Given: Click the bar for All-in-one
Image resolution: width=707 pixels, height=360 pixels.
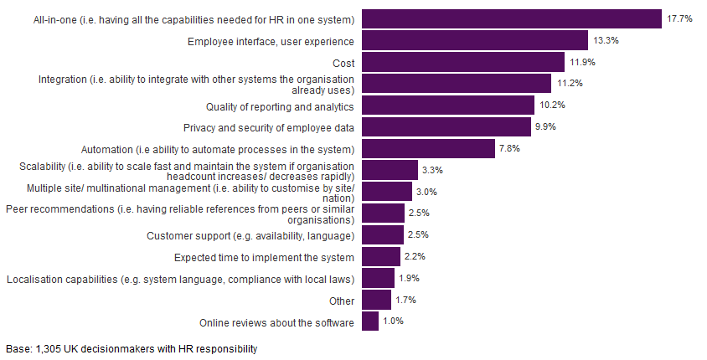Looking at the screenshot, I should tap(512, 18).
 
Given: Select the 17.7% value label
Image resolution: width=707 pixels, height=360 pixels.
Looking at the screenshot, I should tap(679, 18).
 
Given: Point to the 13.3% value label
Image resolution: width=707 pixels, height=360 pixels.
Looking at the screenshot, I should tap(605, 40).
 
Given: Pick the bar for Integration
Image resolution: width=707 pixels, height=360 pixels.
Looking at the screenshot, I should tap(457, 84).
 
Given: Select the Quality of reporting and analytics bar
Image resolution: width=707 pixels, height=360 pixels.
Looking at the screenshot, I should tap(448, 105).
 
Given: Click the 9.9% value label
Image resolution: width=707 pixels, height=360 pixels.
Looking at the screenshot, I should tap(545, 127).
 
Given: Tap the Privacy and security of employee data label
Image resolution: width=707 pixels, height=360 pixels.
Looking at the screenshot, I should tap(268, 128).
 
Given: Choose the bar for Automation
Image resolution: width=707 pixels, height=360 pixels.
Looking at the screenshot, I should tap(428, 149).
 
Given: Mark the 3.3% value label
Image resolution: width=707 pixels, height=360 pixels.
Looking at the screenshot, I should tap(431, 171).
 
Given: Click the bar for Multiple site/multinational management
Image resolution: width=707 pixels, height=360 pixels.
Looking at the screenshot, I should tap(387, 192).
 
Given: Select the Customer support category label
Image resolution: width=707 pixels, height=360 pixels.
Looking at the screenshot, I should tap(250, 235).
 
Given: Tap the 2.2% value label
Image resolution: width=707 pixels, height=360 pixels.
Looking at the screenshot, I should tap(414, 257).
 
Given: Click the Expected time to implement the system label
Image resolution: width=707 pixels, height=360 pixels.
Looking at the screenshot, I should tap(264, 257).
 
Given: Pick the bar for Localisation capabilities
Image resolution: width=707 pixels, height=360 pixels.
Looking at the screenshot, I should tap(378, 279).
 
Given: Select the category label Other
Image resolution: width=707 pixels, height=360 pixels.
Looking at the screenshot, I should tap(342, 301).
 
